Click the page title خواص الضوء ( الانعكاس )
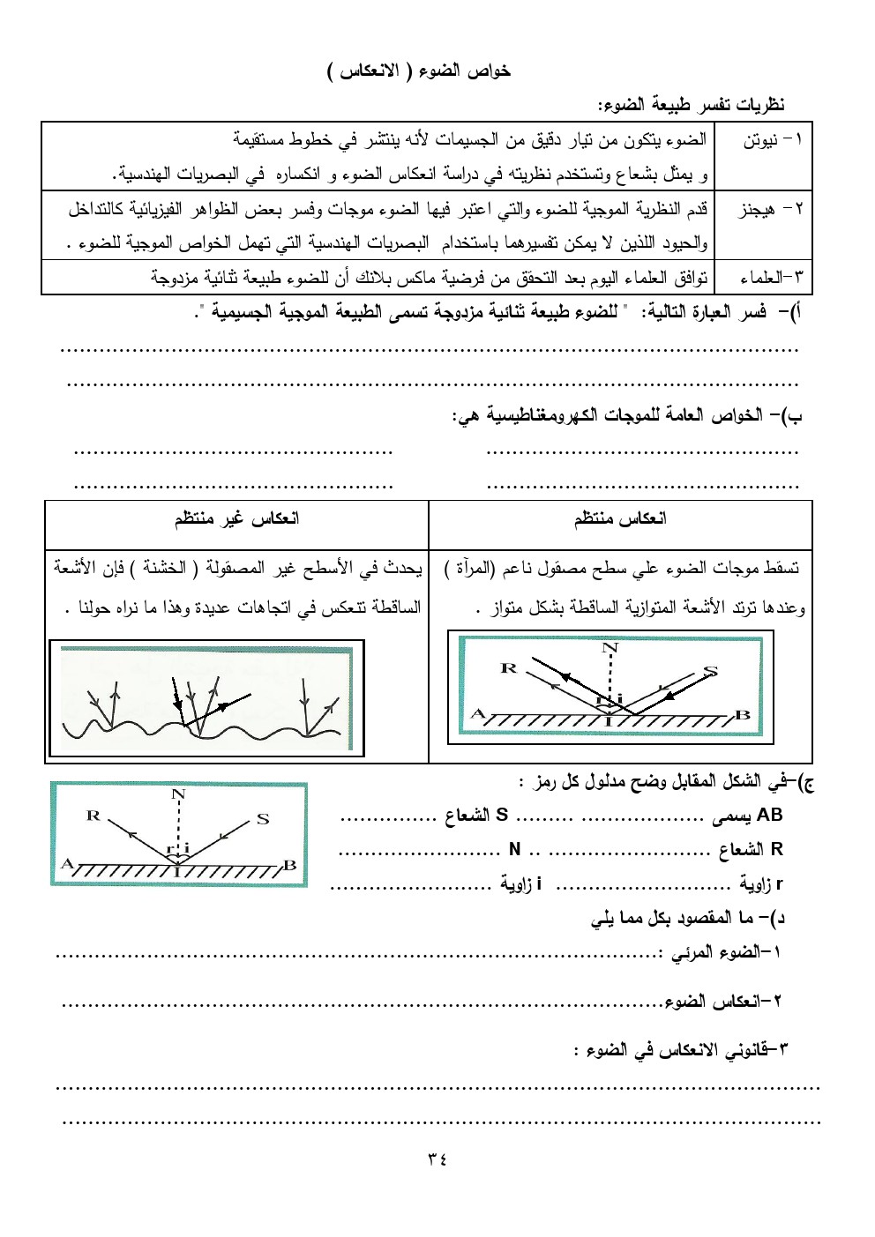[419, 71]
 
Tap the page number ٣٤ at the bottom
[437, 1159]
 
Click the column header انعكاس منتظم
[620, 518]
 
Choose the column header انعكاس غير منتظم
[236, 518]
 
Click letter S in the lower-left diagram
[263, 819]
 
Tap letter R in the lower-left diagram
[93, 816]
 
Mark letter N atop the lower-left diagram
[178, 794]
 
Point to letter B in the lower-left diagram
[289, 865]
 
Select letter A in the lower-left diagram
[66, 864]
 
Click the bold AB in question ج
[769, 816]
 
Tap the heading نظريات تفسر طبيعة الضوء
[692, 106]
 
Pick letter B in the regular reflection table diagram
[743, 715]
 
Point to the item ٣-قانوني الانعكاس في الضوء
[681, 1049]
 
